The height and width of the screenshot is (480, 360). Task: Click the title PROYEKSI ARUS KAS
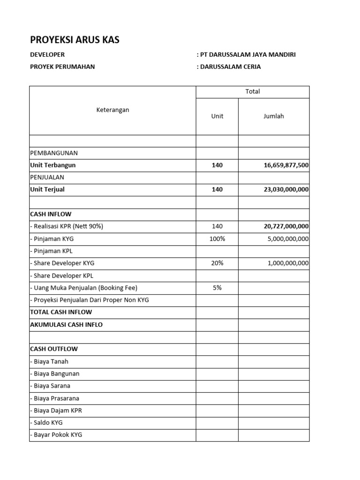[75, 40]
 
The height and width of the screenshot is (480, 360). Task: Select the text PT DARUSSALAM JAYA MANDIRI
[247, 54]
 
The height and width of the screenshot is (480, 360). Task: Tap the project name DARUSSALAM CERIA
[230, 67]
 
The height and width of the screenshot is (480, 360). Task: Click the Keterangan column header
[112, 110]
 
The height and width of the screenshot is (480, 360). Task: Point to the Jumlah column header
[274, 116]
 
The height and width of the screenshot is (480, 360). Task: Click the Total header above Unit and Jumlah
[252, 91]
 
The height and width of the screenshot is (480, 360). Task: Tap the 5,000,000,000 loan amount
[288, 239]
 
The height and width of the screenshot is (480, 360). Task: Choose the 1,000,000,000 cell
[288, 263]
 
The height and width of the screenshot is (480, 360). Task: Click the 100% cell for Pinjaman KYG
[217, 239]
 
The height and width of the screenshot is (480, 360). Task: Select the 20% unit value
[217, 263]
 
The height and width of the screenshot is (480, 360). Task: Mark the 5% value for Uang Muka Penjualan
[217, 288]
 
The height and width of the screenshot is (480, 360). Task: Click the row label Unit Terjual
[47, 190]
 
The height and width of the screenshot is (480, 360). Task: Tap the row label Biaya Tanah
[51, 361]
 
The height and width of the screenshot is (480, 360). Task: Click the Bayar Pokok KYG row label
[58, 435]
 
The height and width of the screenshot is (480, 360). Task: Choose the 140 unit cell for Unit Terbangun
[217, 165]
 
